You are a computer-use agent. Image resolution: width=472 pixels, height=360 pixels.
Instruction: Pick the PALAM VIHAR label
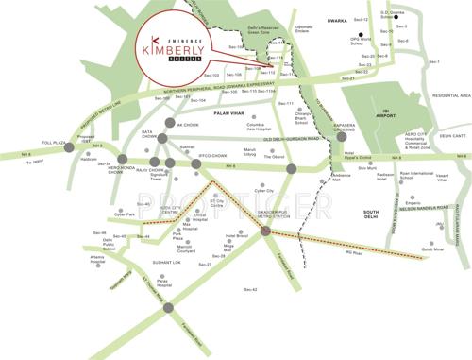(x=229, y=112)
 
